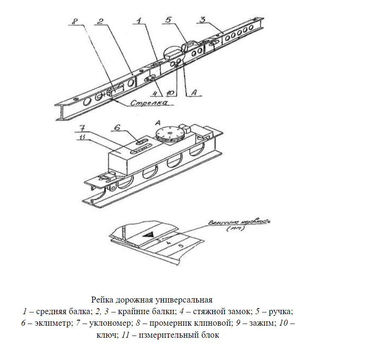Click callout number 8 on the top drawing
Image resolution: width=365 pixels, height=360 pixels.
(75, 21)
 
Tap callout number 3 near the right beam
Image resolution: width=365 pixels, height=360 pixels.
(203, 19)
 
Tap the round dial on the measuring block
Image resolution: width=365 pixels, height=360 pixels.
(170, 134)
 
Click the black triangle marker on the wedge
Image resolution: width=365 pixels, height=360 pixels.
(150, 234)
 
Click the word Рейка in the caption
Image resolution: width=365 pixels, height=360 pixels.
(102, 299)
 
